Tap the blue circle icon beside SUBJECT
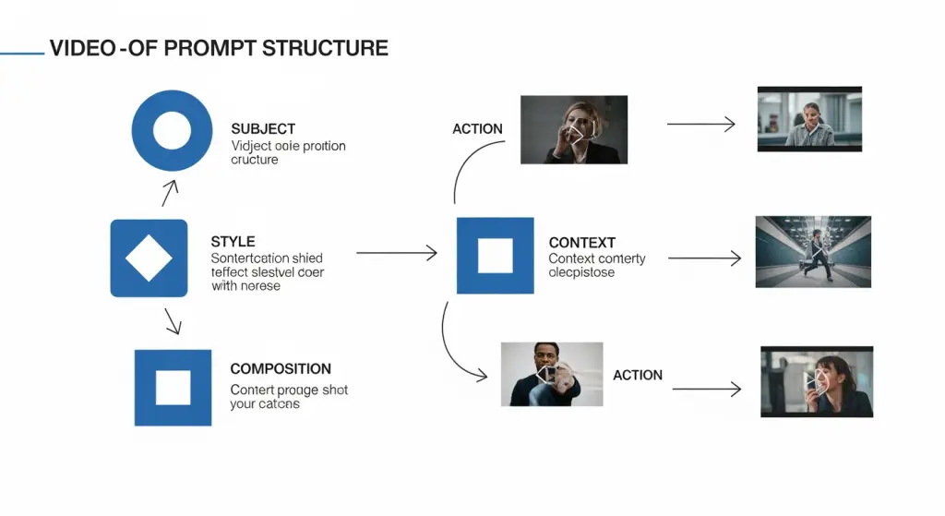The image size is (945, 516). pyautogui.click(x=172, y=131)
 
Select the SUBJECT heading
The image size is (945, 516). pyautogui.click(x=263, y=129)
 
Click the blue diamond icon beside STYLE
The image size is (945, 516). pyautogui.click(x=149, y=258)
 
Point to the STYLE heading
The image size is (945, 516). pyautogui.click(x=233, y=242)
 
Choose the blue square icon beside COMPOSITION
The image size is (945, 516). pyautogui.click(x=173, y=388)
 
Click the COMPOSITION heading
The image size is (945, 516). pyautogui.click(x=281, y=369)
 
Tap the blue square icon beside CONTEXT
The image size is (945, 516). pyautogui.click(x=495, y=256)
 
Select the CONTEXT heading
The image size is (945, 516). pyautogui.click(x=581, y=243)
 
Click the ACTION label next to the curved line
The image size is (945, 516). pyautogui.click(x=477, y=129)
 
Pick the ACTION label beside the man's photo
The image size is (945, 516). pyautogui.click(x=637, y=376)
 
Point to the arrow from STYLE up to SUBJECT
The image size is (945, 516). pyautogui.click(x=169, y=192)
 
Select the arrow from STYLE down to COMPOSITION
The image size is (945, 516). pyautogui.click(x=173, y=321)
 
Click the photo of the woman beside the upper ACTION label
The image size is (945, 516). pyautogui.click(x=574, y=129)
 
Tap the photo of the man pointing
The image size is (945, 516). pyautogui.click(x=551, y=374)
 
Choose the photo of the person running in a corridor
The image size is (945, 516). pyautogui.click(x=812, y=252)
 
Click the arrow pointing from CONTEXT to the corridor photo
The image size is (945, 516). pyautogui.click(x=704, y=259)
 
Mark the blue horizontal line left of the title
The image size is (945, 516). pyautogui.click(x=22, y=54)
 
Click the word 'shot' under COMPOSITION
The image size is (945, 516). pyautogui.click(x=335, y=390)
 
